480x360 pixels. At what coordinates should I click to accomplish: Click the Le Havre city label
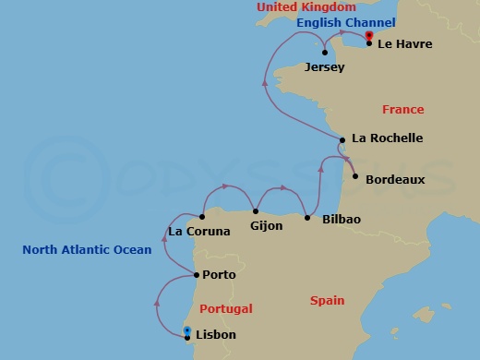click(x=405, y=43)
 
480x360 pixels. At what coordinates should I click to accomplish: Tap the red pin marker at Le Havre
click(x=368, y=37)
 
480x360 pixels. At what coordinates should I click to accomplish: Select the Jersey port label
click(x=323, y=67)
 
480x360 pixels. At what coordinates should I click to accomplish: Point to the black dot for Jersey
click(x=324, y=53)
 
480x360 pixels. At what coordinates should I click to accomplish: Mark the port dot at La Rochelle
click(x=342, y=140)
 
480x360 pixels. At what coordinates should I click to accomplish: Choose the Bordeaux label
click(x=395, y=179)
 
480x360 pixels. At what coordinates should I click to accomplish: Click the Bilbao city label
click(x=342, y=219)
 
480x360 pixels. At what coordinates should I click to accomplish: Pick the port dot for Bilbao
click(x=307, y=218)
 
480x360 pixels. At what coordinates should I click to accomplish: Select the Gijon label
click(x=267, y=224)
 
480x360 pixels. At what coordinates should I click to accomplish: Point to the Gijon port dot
click(x=256, y=211)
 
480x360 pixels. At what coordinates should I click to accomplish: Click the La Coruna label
click(x=198, y=232)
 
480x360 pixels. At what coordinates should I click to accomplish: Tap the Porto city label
click(x=219, y=275)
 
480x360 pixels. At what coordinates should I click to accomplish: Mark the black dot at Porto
click(x=195, y=274)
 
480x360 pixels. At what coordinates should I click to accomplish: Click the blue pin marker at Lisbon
click(x=187, y=330)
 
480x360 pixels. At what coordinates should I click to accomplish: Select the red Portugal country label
click(x=226, y=309)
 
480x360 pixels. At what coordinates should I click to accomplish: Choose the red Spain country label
click(x=327, y=301)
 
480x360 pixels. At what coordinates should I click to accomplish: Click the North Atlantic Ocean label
click(x=87, y=249)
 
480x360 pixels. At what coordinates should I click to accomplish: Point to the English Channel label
click(x=346, y=22)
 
